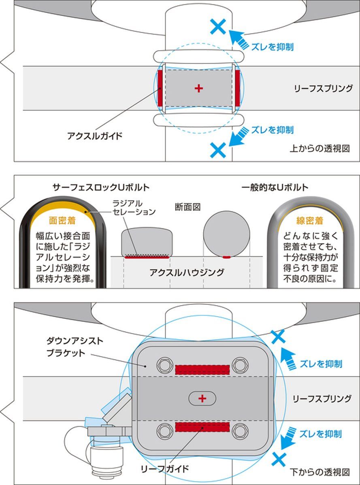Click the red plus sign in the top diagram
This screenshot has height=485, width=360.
coord(198,88)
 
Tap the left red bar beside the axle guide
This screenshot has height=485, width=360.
coord(160,87)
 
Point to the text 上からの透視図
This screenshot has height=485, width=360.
coord(320,149)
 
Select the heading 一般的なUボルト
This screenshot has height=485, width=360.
coord(275,187)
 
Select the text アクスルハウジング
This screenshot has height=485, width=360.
coord(187,272)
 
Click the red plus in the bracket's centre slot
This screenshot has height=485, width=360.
coord(202,399)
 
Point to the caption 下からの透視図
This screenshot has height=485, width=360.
coord(320,472)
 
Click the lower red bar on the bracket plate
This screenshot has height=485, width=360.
coord(202,427)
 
